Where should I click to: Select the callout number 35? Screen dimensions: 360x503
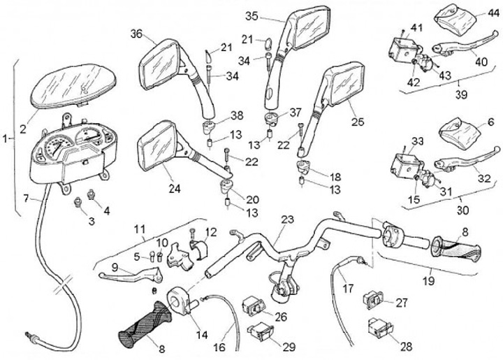coord(252,15)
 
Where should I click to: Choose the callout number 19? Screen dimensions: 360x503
coord(429,280)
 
